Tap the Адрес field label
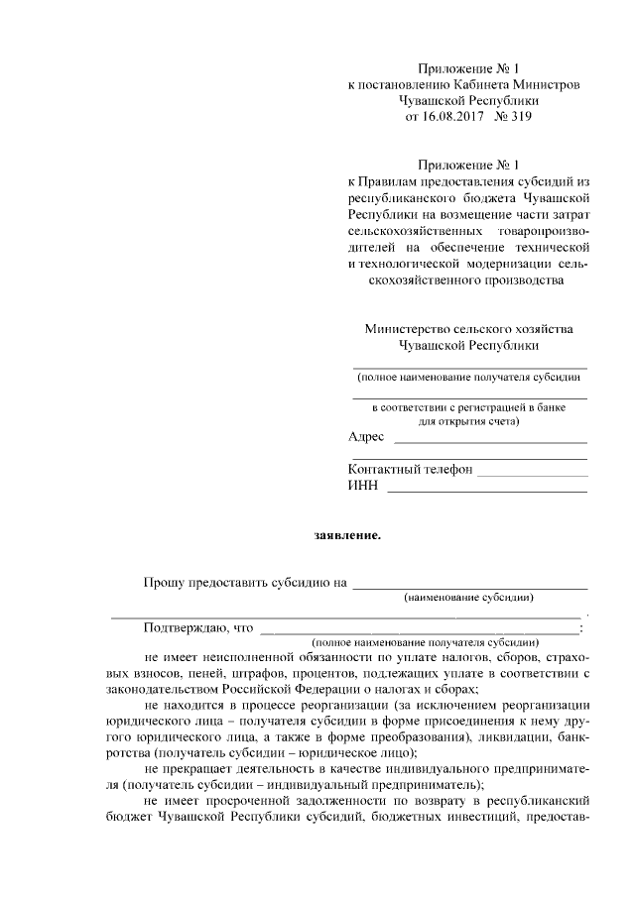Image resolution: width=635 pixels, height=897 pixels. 366,437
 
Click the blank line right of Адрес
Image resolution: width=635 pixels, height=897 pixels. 490,441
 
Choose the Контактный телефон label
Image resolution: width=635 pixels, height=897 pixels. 410,469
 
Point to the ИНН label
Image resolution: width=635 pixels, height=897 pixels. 362,486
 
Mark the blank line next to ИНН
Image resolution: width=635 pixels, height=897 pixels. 486,490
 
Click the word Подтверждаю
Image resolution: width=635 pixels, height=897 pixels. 186,626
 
